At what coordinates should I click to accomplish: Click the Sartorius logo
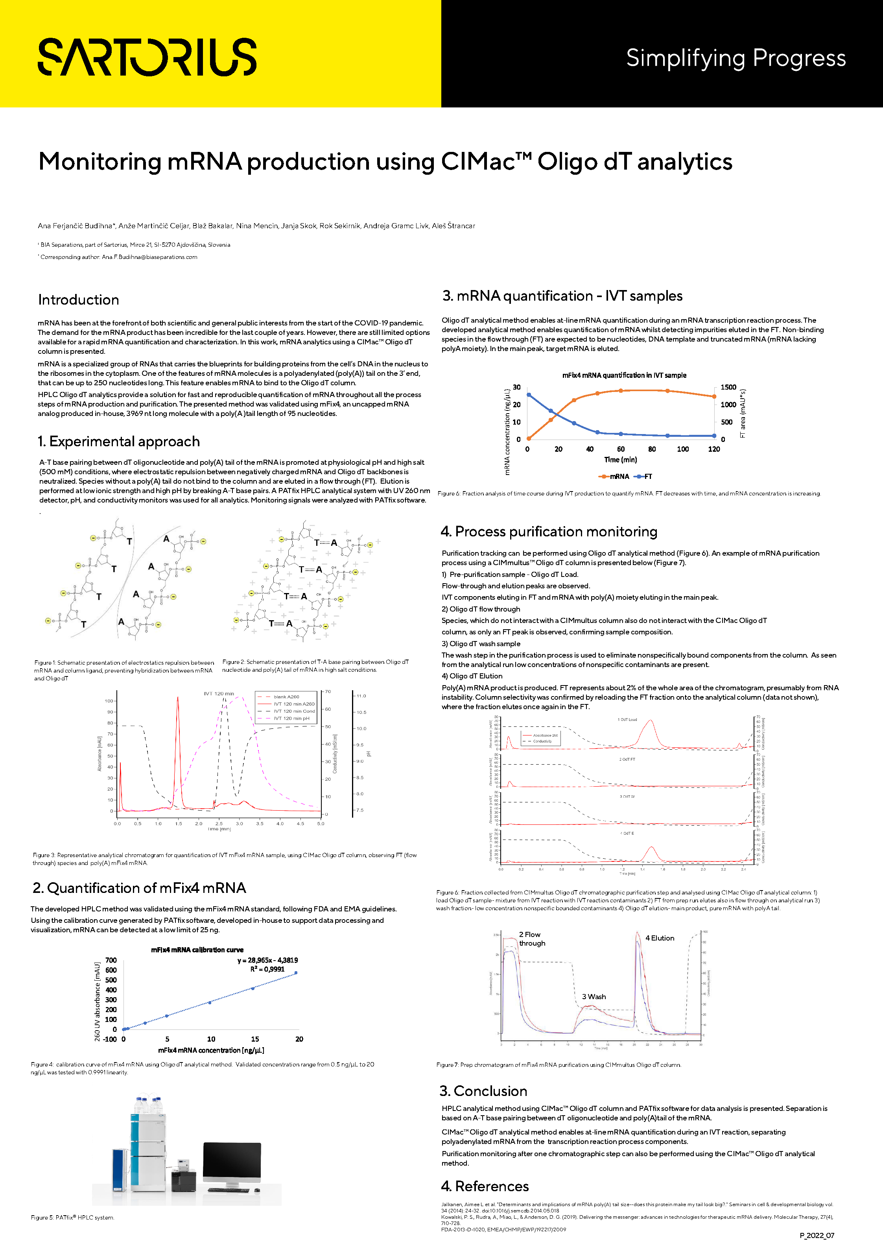coord(147,57)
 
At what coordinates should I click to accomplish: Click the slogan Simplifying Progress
coord(736,58)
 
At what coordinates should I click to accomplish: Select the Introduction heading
coord(78,300)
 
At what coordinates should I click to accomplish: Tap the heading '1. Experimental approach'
coord(119,442)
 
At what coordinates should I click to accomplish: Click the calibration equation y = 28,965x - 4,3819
coord(267,960)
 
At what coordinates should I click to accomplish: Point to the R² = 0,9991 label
coord(267,969)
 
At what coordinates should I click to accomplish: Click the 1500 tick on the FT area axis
coord(728,387)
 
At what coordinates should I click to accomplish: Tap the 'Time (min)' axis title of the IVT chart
coord(620,460)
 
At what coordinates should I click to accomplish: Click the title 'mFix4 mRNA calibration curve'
coord(197,950)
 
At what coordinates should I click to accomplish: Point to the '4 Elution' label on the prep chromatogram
coord(660,938)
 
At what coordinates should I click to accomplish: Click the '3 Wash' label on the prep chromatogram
coord(594,996)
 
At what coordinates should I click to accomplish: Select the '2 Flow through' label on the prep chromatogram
coord(532,939)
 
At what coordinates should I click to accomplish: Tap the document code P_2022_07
coord(817,1235)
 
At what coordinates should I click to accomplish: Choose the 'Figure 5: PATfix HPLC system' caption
coord(72,1217)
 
